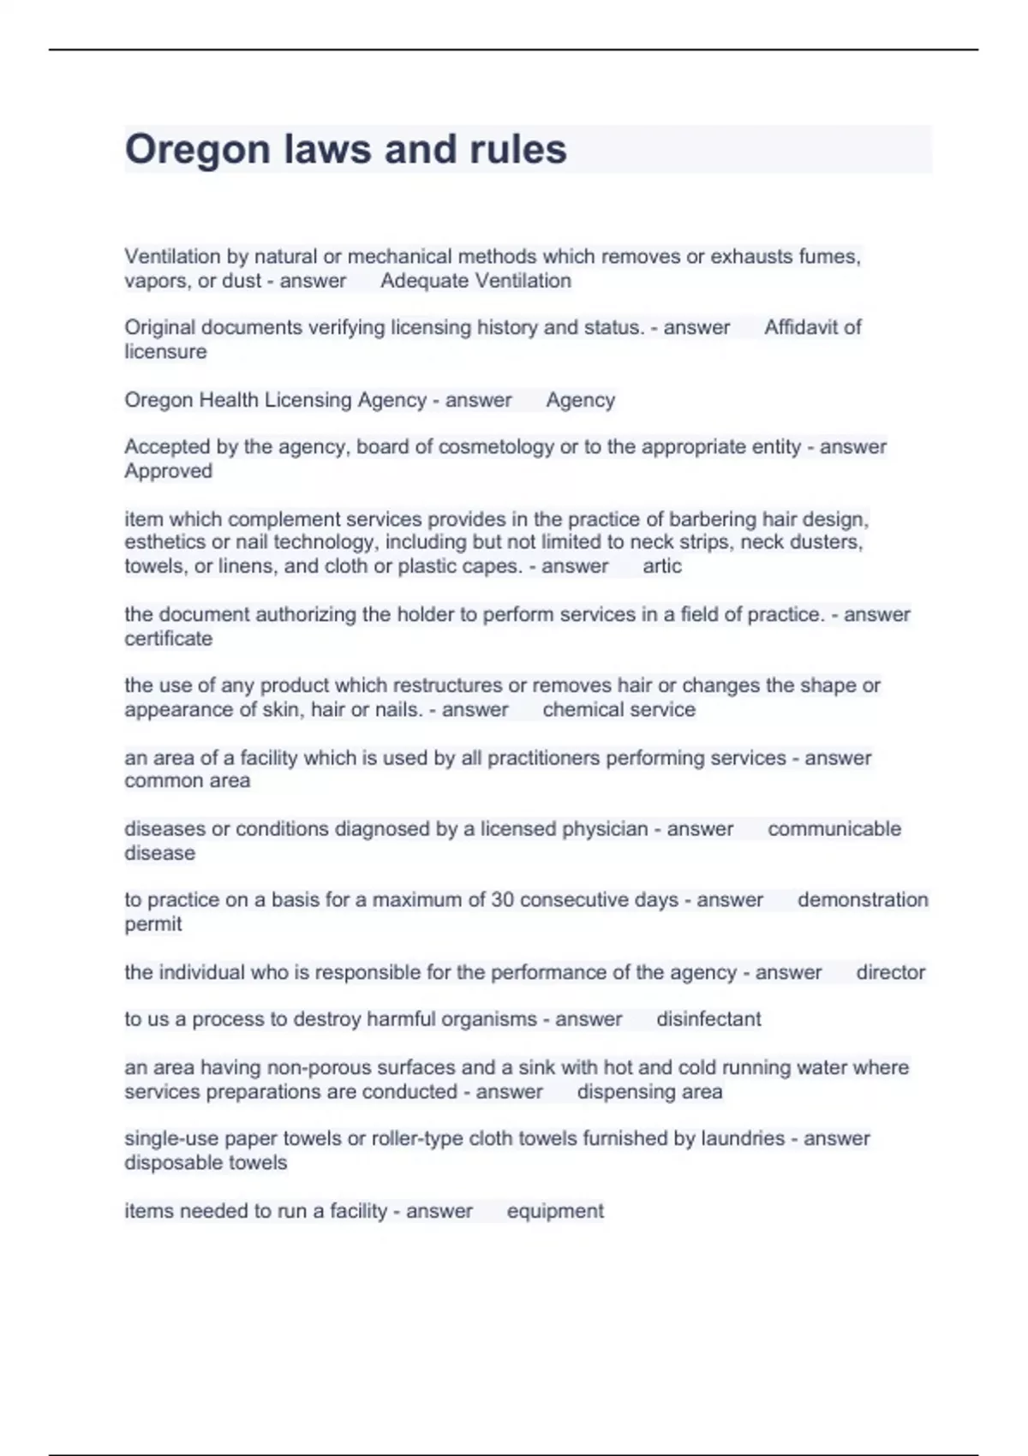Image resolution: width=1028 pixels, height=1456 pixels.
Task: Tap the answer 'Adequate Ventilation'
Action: tap(475, 281)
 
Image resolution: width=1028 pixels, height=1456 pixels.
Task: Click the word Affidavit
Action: tap(801, 327)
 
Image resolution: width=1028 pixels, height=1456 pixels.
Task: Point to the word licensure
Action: tap(165, 351)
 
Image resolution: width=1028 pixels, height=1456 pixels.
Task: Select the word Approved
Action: tap(168, 470)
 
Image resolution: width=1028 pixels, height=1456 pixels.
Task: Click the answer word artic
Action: tap(661, 566)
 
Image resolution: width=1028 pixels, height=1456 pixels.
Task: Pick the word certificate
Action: tap(168, 638)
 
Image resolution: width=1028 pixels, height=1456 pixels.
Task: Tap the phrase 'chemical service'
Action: tap(619, 709)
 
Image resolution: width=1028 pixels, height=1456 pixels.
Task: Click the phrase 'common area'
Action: tap(187, 780)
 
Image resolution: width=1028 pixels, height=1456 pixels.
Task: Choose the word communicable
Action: tap(834, 828)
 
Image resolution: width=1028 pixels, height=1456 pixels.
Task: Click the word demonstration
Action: tap(862, 900)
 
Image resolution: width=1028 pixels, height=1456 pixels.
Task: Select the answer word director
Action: tap(890, 972)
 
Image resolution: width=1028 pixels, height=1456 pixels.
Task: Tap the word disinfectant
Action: tap(708, 1019)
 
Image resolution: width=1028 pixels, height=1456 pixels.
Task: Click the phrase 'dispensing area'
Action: tap(649, 1092)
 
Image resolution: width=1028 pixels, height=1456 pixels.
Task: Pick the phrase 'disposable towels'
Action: tap(206, 1162)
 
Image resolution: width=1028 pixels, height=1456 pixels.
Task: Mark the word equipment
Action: tap(555, 1211)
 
